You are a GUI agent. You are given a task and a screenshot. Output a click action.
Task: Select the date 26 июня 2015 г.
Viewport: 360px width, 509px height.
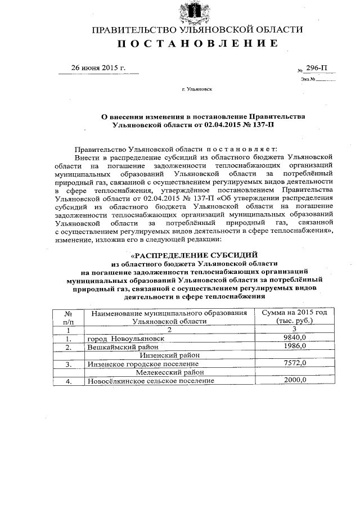pyautogui.click(x=97, y=68)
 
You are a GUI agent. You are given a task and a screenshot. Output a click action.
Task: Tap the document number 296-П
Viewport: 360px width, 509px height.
pyautogui.click(x=316, y=68)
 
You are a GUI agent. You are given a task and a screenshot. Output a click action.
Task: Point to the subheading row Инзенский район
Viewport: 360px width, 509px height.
pyautogui.click(x=169, y=355)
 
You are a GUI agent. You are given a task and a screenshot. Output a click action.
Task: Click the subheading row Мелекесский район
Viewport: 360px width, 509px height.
pyautogui.click(x=169, y=372)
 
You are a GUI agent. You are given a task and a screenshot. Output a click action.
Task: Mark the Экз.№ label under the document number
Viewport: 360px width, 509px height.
pyautogui.click(x=308, y=79)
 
